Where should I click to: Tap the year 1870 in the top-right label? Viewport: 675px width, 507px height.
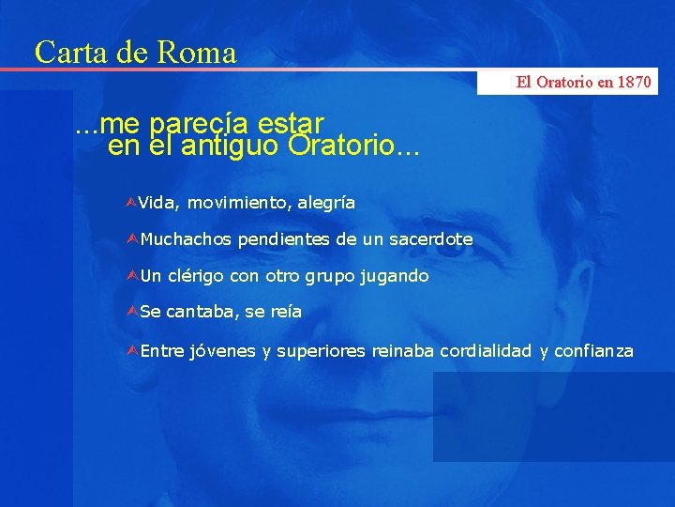coord(632,83)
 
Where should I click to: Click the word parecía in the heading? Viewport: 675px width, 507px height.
coord(191,124)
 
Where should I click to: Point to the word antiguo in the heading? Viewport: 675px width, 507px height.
coord(229,146)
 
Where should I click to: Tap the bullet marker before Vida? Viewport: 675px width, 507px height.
coord(131,202)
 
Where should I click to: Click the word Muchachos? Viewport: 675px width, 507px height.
coord(186,239)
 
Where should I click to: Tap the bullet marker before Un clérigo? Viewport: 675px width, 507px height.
coord(131,276)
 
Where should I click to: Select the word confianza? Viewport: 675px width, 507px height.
coord(594,351)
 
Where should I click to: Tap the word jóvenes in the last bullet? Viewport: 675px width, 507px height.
coord(221,351)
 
